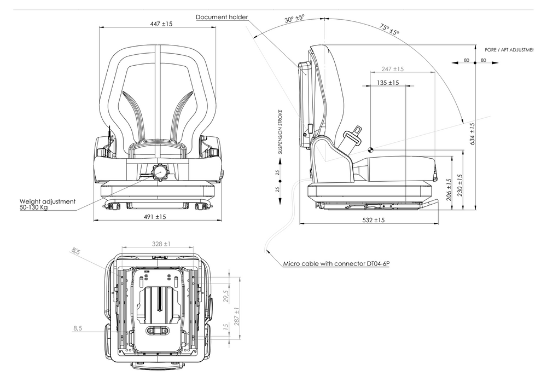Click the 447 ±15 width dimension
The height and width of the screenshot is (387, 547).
coord(161,24)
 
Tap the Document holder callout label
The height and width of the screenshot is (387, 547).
coord(222,18)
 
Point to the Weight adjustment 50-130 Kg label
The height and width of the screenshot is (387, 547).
coord(47,205)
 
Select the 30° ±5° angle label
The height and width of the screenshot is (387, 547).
coord(294,18)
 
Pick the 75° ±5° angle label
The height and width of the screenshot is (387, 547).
coord(389,30)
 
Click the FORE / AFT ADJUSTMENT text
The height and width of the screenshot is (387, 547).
coord(508,50)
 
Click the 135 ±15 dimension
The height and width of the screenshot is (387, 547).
coord(388,83)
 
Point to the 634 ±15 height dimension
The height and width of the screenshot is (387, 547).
coord(472,133)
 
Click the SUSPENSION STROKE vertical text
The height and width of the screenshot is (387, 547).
coord(280,131)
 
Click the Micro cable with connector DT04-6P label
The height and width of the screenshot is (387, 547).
coord(336,264)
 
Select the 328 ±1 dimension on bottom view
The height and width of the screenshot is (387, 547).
coord(160,244)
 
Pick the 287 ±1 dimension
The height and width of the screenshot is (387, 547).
coord(237,318)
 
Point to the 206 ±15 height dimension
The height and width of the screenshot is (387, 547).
coord(449,189)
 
